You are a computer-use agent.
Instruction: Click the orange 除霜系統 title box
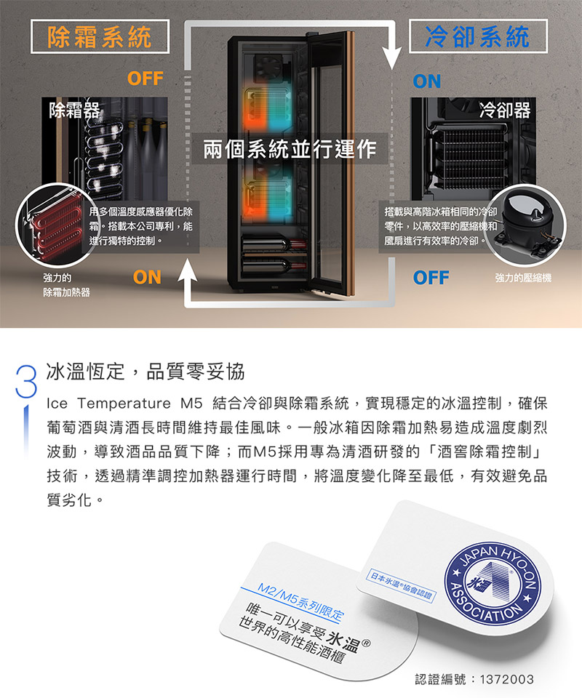pos(100,36)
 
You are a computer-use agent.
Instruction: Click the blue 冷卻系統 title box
pos(478,36)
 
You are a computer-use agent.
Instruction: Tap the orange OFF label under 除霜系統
pos(145,79)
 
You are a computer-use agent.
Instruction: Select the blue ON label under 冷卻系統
pos(426,81)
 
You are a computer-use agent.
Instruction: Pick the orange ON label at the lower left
pos(147,277)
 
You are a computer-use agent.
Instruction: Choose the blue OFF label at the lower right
pos(431,278)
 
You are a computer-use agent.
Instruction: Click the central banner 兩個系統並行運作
pos(290,148)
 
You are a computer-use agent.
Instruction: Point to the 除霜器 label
pos(74,110)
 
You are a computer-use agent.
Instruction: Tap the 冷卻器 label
pos(504,110)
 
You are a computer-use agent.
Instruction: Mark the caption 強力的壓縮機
pos(523,278)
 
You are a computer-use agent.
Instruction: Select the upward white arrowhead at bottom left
pos(188,270)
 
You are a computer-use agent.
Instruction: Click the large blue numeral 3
pos(26,382)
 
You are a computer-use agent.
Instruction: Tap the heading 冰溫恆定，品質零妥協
pos(145,372)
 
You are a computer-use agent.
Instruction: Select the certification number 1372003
pos(507,679)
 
